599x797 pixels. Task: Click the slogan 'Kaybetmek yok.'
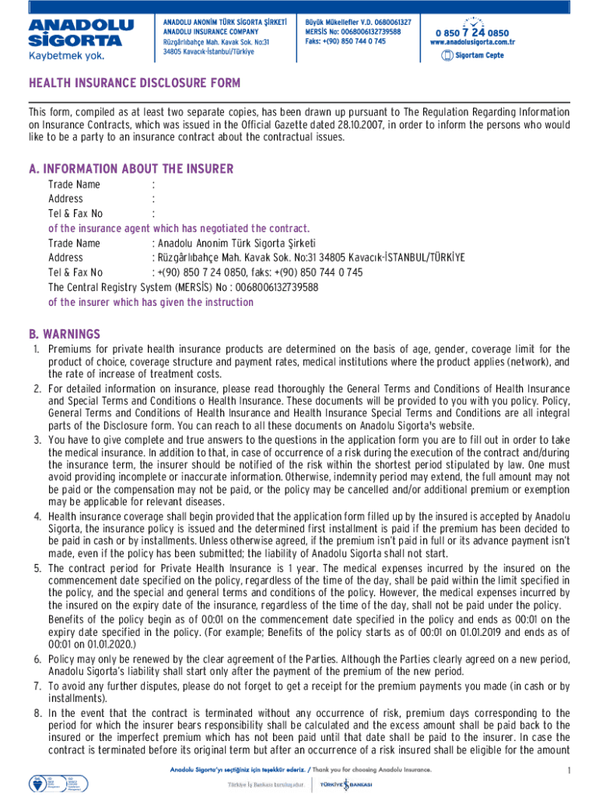(x=65, y=55)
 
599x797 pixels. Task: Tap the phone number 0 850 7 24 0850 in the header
(x=472, y=33)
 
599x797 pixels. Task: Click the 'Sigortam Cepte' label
(x=478, y=55)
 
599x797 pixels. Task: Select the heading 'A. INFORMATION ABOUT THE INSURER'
(x=131, y=169)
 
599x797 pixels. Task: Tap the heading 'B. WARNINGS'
(x=65, y=334)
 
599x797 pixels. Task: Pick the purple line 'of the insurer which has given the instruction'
(x=150, y=302)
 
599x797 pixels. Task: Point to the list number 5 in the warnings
(x=37, y=569)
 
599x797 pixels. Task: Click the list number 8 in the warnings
(x=37, y=713)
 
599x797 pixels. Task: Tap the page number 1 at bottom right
(x=569, y=771)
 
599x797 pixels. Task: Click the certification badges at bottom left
(x=46, y=781)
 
